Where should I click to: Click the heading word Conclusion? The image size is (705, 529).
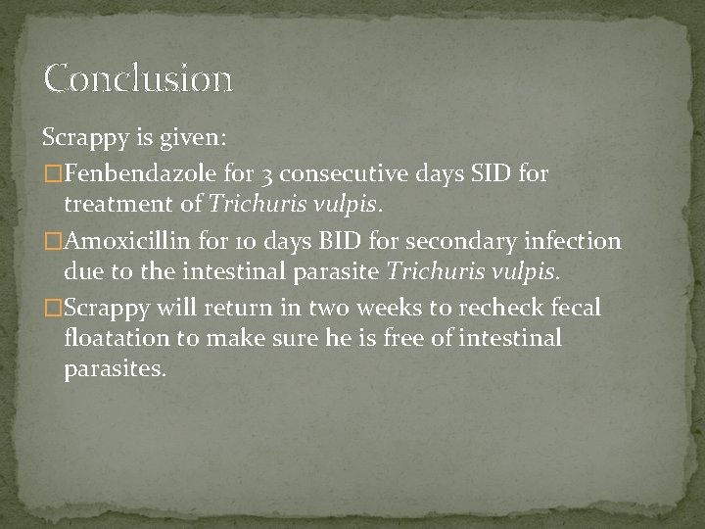[138, 78]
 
